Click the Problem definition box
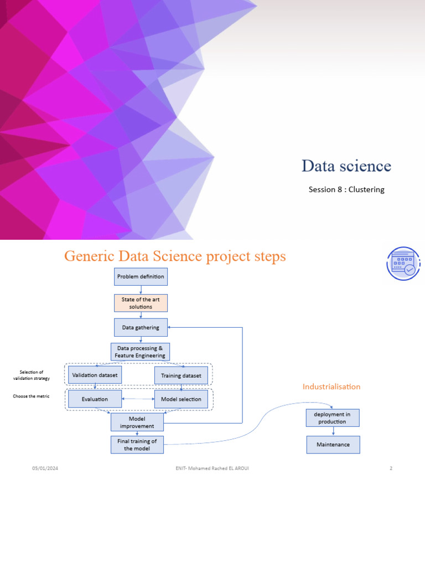pyautogui.click(x=141, y=276)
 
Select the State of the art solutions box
pyautogui.click(x=141, y=303)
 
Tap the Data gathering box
pyautogui.click(x=141, y=327)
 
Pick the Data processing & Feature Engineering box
pyautogui.click(x=140, y=352)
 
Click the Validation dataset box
pyautogui.click(x=95, y=375)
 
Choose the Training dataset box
pyautogui.click(x=181, y=375)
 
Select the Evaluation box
pyautogui.click(x=95, y=399)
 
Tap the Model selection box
pyautogui.click(x=181, y=399)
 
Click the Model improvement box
pyautogui.click(x=137, y=422)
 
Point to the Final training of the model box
pyautogui.click(x=137, y=445)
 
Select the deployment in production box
pyautogui.click(x=333, y=418)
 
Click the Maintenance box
pyautogui.click(x=333, y=445)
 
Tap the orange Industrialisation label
pyautogui.click(x=331, y=386)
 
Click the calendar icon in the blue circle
pyautogui.click(x=403, y=264)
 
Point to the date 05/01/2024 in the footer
pyautogui.click(x=45, y=468)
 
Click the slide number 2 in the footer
pyautogui.click(x=391, y=468)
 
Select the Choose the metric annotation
pyautogui.click(x=31, y=396)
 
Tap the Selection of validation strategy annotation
pyautogui.click(x=31, y=375)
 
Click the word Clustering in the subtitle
pyautogui.click(x=366, y=189)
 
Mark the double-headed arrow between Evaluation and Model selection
pyautogui.click(x=138, y=399)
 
